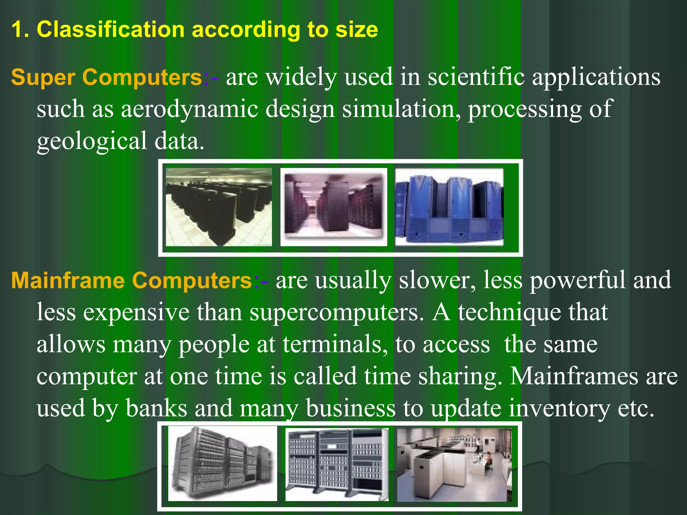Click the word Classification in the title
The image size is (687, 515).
point(111,30)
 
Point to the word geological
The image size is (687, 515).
point(92,141)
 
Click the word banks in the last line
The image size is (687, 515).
point(156,408)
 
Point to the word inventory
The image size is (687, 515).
point(559,408)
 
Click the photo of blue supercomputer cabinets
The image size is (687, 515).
point(449,207)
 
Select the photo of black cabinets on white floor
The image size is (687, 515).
point(219,207)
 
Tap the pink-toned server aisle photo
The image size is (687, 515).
point(333,207)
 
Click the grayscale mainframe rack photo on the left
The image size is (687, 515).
point(222,464)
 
